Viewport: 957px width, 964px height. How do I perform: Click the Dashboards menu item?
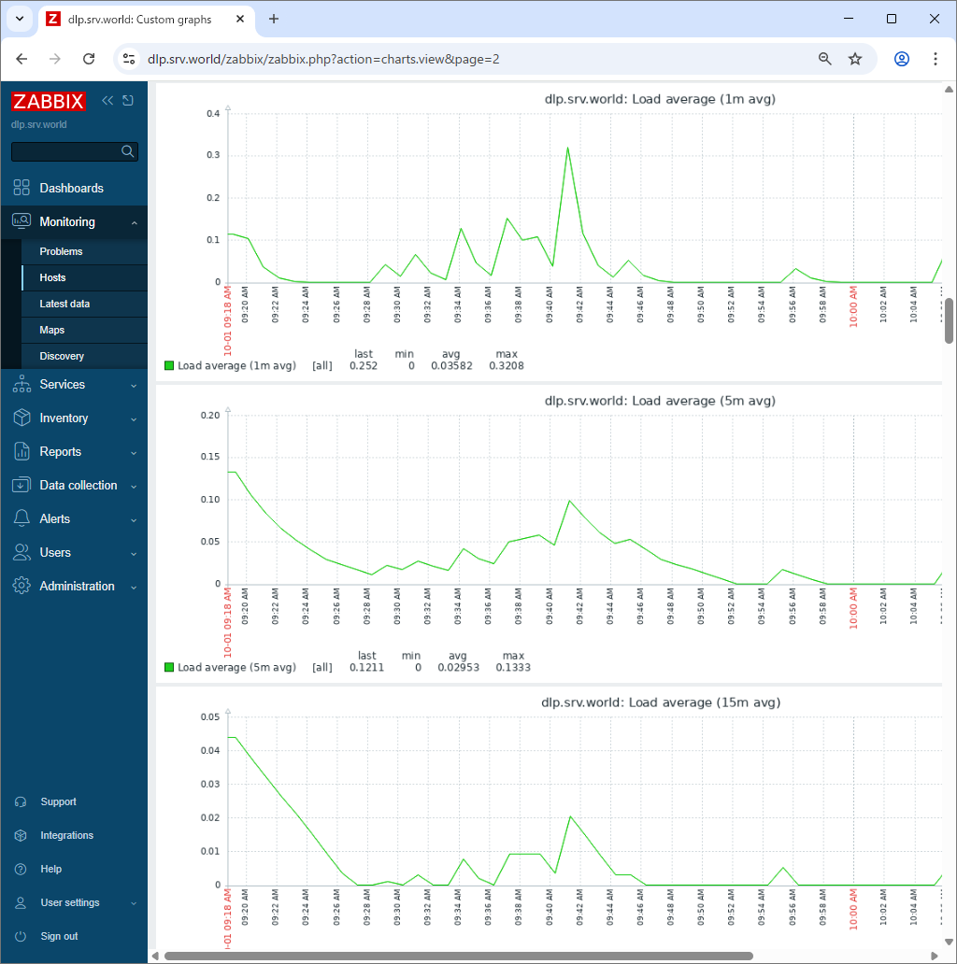[x=71, y=188]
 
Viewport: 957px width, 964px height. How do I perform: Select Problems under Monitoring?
[x=61, y=251]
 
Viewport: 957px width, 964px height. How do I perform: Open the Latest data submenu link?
[x=64, y=304]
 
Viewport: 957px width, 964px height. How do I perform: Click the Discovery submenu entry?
[x=62, y=356]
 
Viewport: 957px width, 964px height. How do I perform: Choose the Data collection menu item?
[x=78, y=485]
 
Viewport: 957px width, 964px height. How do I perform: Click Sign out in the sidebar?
[x=59, y=936]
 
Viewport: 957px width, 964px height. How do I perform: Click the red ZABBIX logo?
[x=49, y=102]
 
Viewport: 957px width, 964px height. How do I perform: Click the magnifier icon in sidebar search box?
[x=128, y=151]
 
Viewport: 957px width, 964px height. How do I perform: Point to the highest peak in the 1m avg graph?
[x=567, y=148]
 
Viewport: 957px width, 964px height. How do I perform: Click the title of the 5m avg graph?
[x=660, y=401]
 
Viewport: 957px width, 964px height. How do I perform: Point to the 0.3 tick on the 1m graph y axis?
[x=213, y=156]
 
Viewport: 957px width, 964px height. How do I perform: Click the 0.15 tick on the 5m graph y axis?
[x=210, y=457]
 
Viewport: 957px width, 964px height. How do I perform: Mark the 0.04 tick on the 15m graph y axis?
[x=210, y=750]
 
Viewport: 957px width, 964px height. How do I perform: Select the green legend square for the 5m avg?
[x=169, y=667]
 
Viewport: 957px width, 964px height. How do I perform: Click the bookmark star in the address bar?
[x=855, y=59]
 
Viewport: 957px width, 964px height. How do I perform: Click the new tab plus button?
[x=274, y=19]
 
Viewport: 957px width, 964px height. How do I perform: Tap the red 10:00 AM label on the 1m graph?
[x=853, y=305]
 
